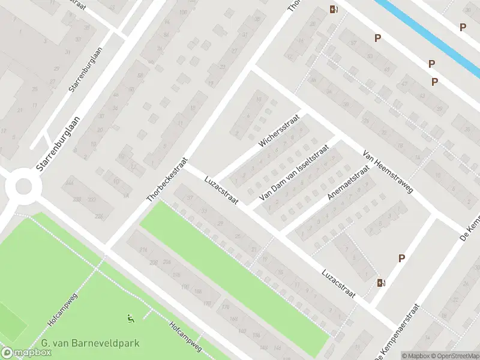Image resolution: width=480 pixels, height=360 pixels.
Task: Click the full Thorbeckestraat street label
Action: [x=168, y=179]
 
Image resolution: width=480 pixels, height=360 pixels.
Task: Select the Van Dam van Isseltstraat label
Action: [x=295, y=172]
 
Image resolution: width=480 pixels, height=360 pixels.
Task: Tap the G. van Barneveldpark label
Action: [x=91, y=344]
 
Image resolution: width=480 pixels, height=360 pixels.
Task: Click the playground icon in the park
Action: [x=131, y=318]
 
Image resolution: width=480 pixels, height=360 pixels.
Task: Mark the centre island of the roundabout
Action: [x=23, y=186]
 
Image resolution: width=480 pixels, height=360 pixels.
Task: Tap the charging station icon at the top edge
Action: [x=333, y=8]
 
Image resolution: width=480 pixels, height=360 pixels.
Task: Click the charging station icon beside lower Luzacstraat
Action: [x=380, y=283]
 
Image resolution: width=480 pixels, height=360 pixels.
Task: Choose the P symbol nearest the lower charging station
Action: [x=401, y=258]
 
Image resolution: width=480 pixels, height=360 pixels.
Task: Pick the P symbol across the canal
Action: [x=463, y=27]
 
